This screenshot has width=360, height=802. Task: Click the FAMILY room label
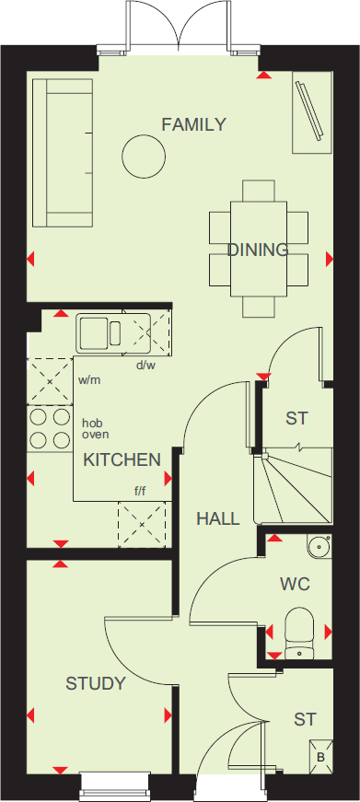[193, 125]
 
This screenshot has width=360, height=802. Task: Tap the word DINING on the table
[258, 250]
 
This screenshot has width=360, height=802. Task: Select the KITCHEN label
[122, 459]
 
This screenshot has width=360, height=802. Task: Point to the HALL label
[217, 518]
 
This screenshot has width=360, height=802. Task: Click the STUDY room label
[95, 683]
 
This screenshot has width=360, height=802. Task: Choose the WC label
[295, 584]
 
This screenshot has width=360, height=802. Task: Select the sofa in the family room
[62, 152]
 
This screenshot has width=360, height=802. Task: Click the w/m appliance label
[89, 379]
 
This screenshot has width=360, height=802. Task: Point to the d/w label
[146, 366]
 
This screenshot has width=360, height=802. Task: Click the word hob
[91, 423]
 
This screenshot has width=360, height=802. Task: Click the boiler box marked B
[320, 757]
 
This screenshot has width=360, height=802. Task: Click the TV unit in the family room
[310, 115]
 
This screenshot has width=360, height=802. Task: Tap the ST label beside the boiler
[305, 717]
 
